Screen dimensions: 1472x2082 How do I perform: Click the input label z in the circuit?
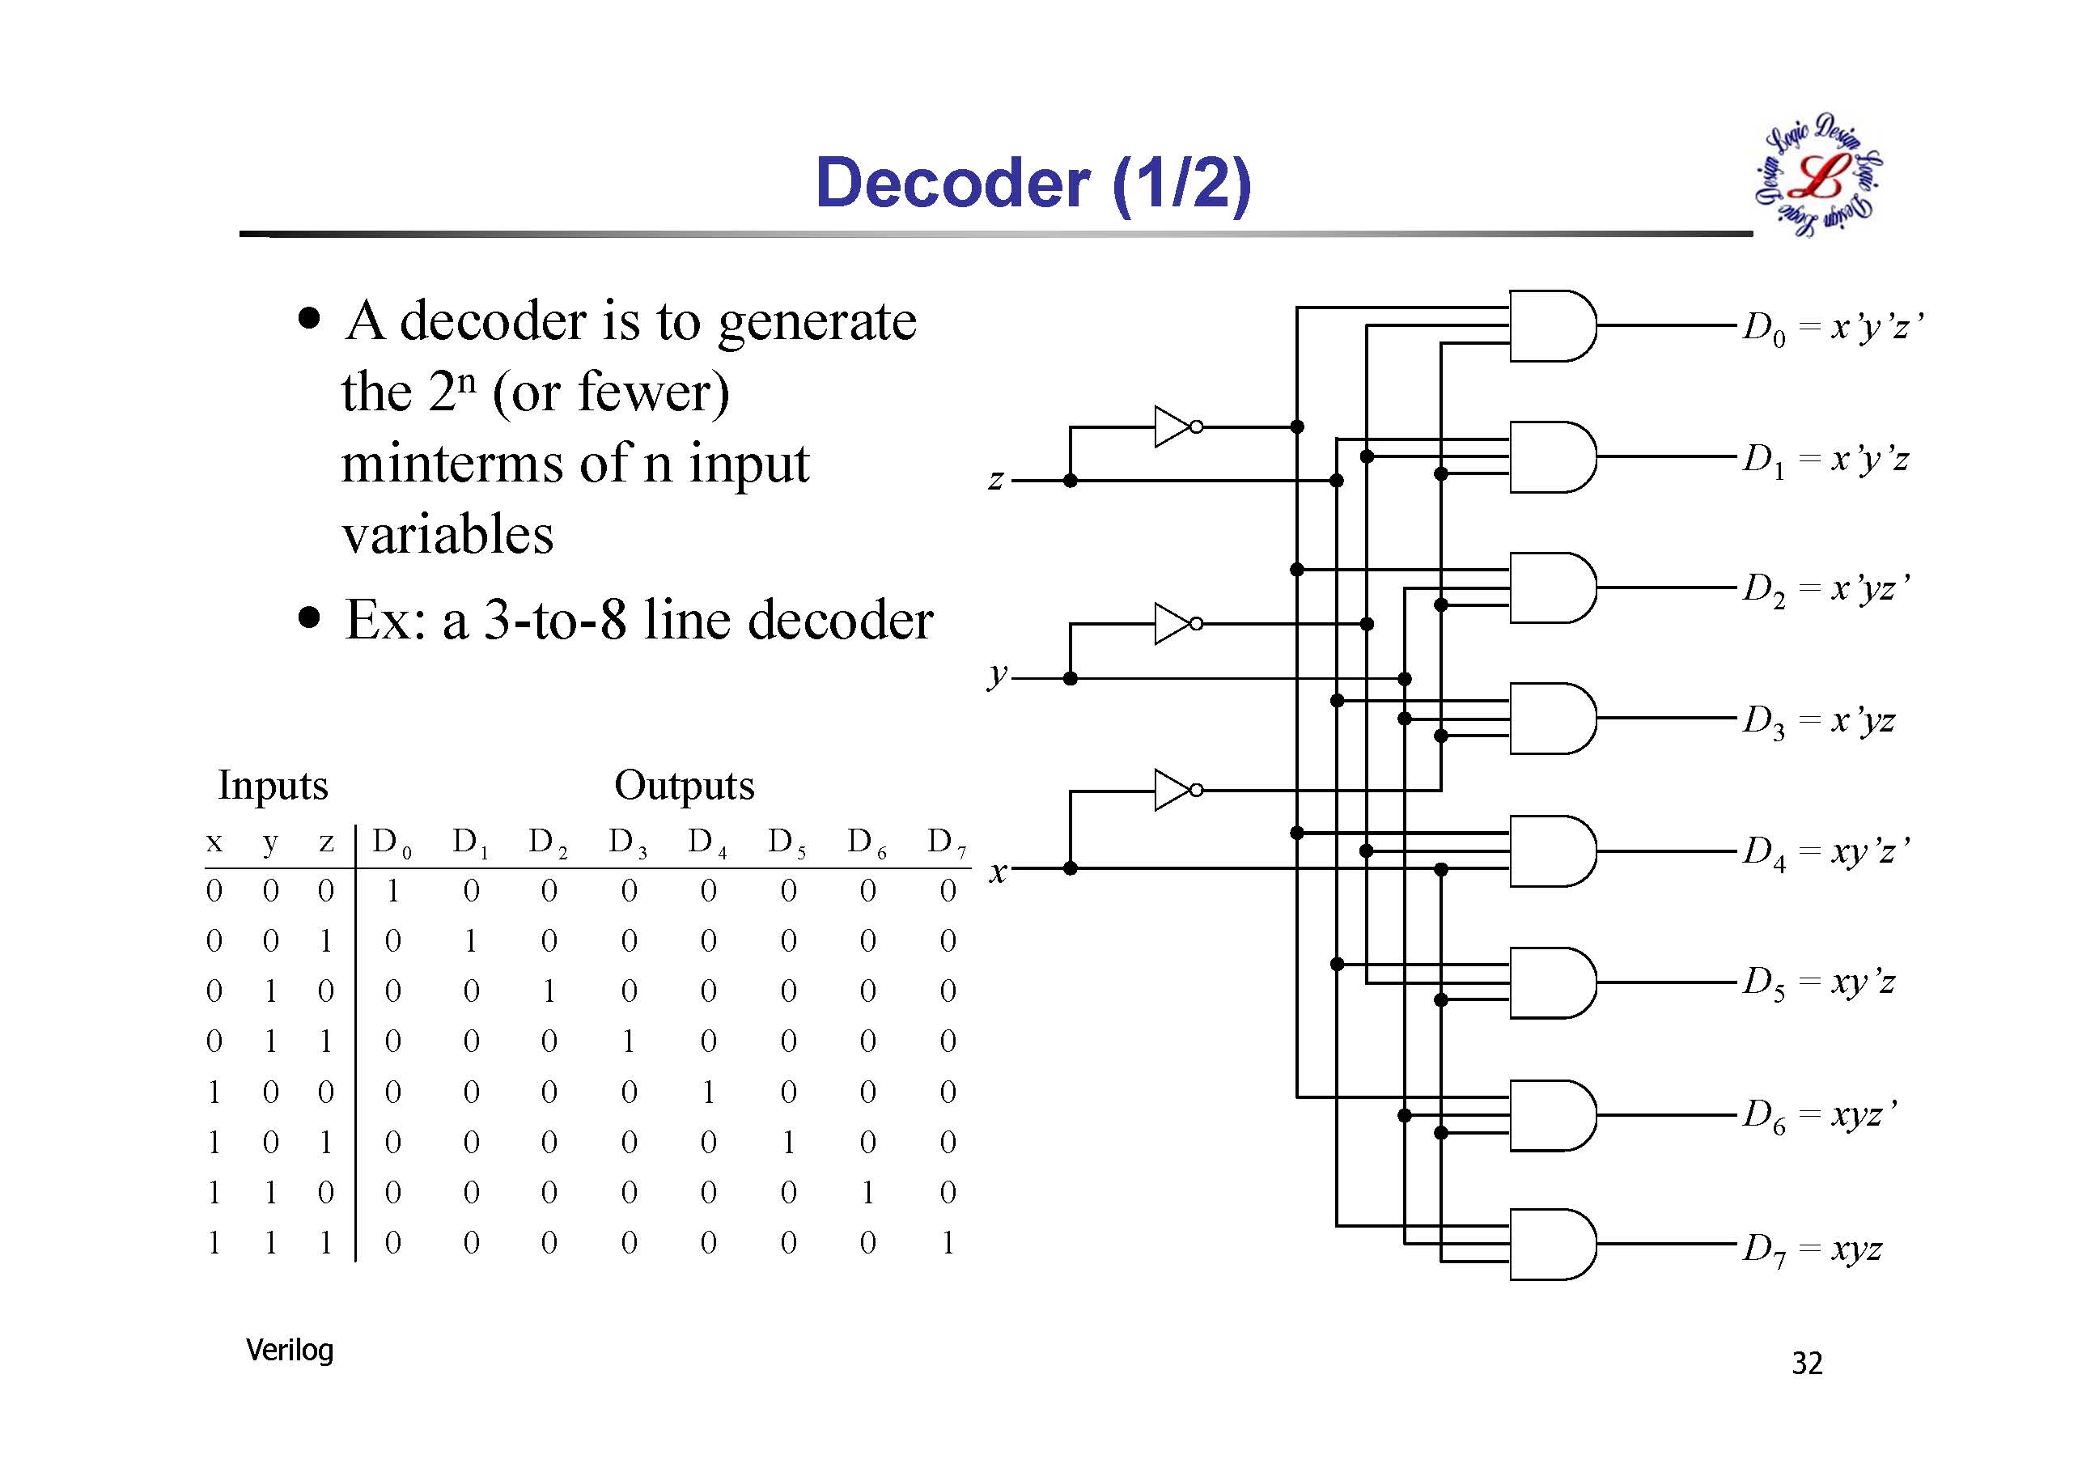click(995, 479)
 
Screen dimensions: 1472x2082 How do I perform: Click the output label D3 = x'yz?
click(1818, 721)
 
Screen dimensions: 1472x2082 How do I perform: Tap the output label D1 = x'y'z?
click(1825, 460)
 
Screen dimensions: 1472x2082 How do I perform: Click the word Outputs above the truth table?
click(684, 786)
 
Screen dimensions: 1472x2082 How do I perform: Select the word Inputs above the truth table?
click(273, 786)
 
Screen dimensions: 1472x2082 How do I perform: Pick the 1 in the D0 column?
click(392, 892)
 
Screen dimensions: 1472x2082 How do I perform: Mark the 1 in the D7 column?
click(948, 1242)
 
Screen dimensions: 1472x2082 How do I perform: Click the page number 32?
click(1806, 1364)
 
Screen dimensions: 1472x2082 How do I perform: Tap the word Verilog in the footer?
click(289, 1351)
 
